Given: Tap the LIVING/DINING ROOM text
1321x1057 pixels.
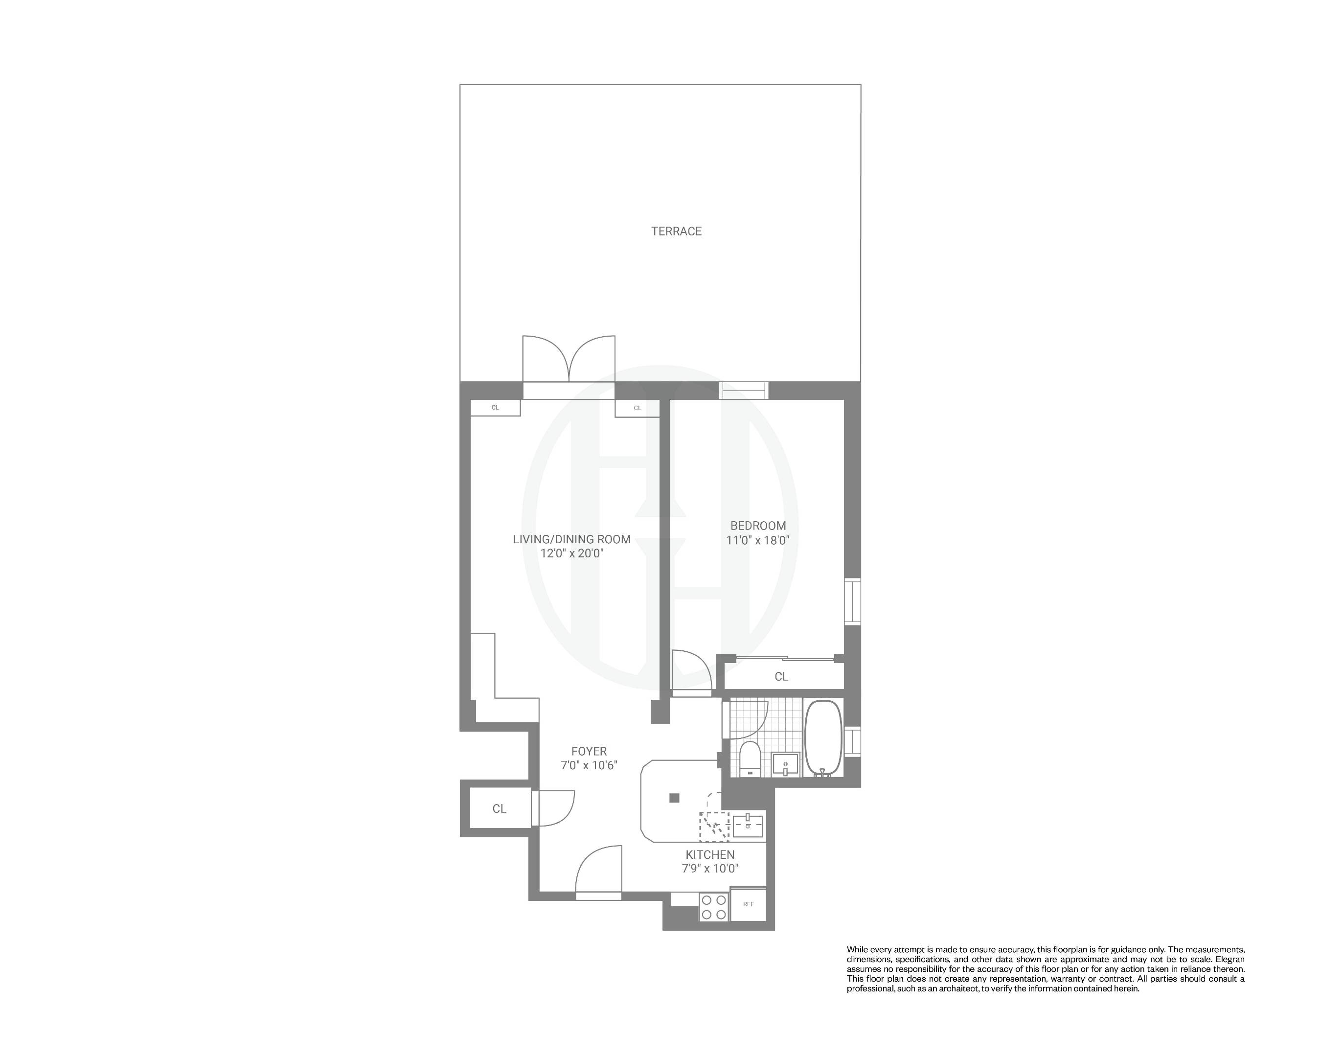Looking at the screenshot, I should coord(571,539).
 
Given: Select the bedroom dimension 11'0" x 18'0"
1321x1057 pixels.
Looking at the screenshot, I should coord(757,540).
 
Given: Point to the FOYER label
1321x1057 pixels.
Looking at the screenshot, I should coord(589,751).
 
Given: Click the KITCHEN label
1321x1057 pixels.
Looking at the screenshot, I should coord(709,855).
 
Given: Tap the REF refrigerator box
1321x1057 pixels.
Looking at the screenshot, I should coord(748,904).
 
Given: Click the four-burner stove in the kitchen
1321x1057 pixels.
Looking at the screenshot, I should coord(714,907).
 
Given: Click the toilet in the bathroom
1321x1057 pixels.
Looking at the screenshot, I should coord(750,758).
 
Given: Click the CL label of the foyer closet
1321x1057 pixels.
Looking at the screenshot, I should coord(500,809).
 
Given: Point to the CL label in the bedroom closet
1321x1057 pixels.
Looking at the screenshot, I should coord(781,676).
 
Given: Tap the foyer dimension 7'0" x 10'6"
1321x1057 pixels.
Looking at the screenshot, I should coord(589,765).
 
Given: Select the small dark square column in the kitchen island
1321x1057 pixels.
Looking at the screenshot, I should coord(674,798).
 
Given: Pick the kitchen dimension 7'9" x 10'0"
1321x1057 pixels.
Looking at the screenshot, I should coord(709,868).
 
